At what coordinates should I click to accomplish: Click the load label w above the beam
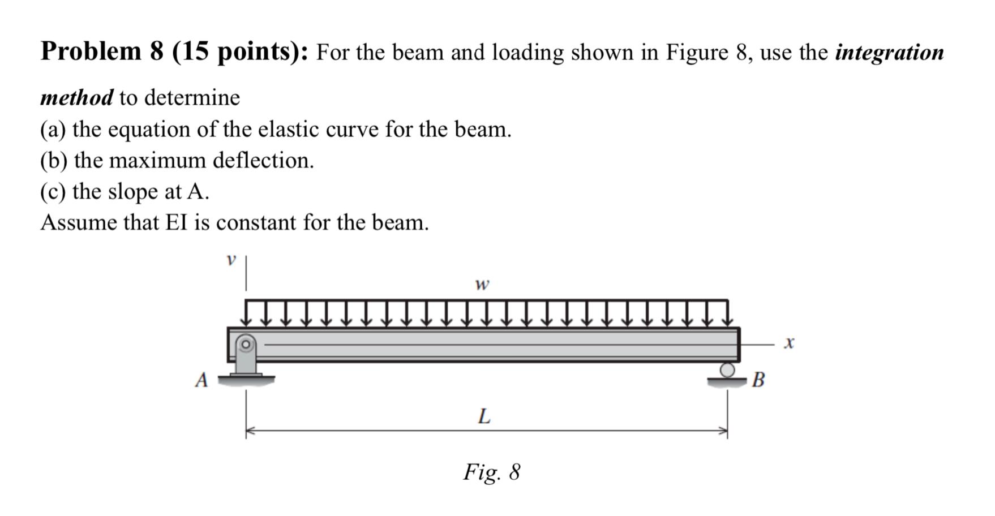click(x=482, y=284)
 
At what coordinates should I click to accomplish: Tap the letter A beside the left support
click(x=201, y=380)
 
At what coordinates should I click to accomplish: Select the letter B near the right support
click(x=758, y=380)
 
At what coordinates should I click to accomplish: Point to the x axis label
click(x=789, y=343)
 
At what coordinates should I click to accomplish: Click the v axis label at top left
click(x=230, y=260)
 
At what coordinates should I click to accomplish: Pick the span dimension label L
click(x=484, y=417)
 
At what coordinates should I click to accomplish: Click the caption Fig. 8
click(x=491, y=472)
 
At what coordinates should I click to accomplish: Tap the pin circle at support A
click(x=246, y=343)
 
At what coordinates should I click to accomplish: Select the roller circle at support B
click(x=727, y=370)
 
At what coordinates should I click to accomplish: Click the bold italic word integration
click(x=889, y=53)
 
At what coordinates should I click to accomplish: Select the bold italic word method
click(x=77, y=98)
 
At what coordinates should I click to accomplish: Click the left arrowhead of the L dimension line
click(x=250, y=431)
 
